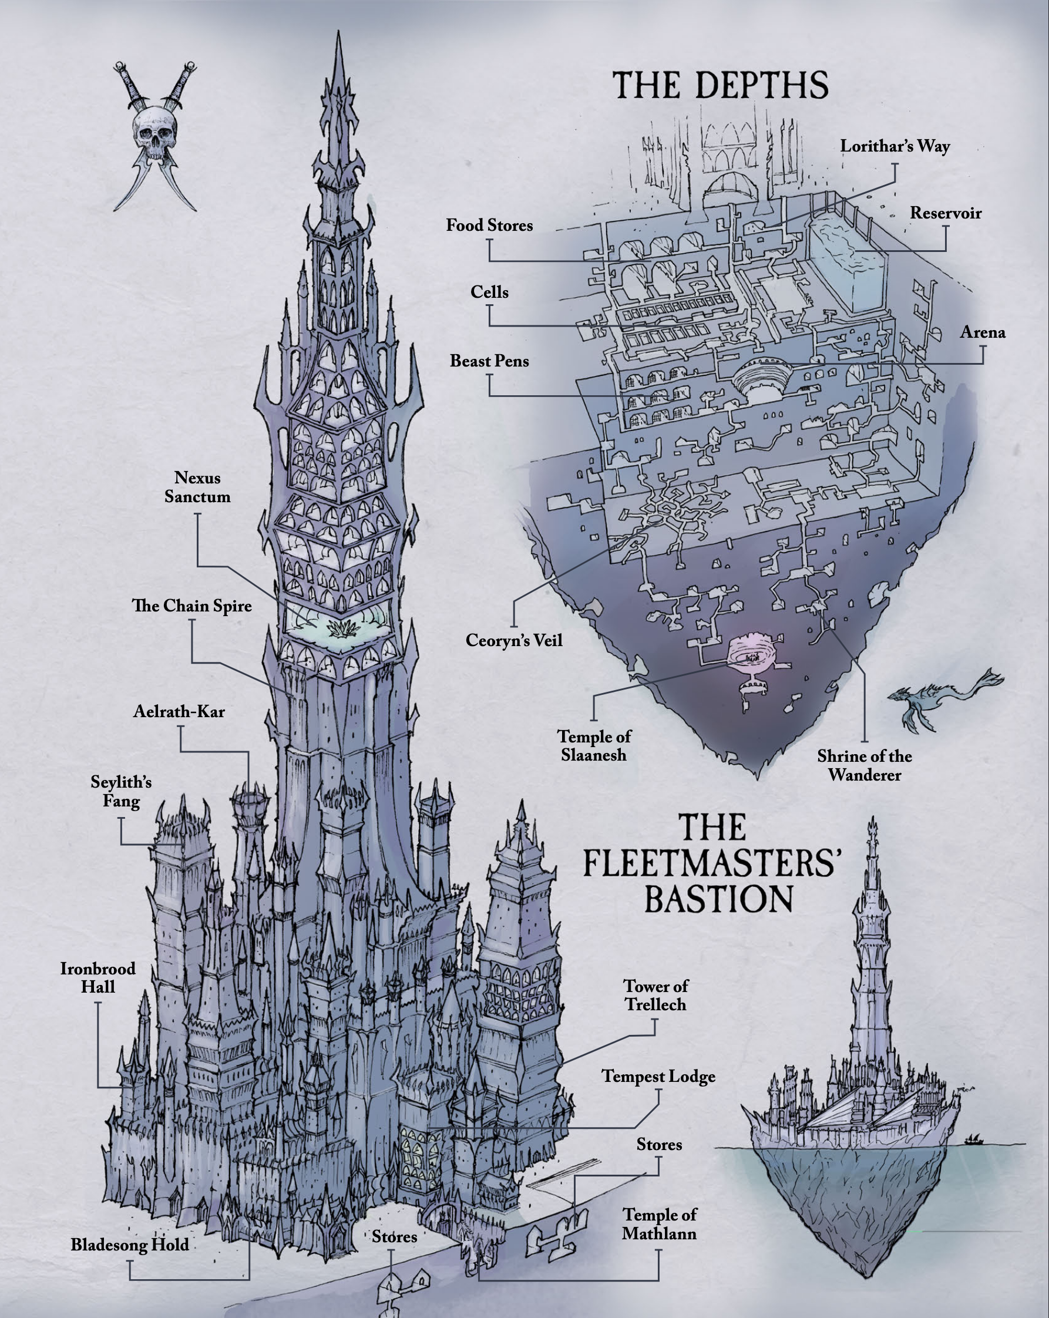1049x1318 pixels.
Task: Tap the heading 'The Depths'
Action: tap(720, 85)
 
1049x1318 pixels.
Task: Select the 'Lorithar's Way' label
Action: tap(895, 147)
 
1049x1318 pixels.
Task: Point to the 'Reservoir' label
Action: tap(945, 213)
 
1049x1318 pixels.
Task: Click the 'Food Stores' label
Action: tap(489, 226)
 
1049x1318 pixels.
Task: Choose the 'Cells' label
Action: tap(489, 292)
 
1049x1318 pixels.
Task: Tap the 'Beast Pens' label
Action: tap(489, 361)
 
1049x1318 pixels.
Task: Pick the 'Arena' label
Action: tap(983, 332)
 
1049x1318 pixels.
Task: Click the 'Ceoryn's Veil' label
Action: tap(513, 641)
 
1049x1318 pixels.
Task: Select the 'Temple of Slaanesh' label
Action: tap(594, 746)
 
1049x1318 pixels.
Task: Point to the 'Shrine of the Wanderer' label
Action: tap(864, 765)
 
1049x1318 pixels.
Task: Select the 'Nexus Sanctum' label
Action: tap(197, 487)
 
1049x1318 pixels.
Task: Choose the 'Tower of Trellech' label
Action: tap(655, 995)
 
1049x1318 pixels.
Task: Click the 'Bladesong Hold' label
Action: tap(130, 1245)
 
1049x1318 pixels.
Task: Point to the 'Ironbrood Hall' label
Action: tap(98, 977)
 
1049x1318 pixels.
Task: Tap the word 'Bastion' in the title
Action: tap(719, 899)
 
